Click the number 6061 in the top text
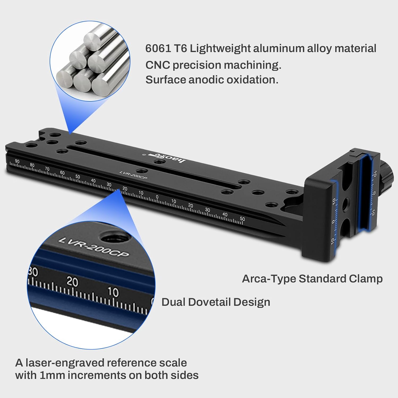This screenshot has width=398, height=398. pos(158,49)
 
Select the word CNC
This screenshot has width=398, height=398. pos(157,65)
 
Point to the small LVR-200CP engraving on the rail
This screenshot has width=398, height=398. pos(133,175)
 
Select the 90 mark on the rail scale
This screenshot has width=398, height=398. pos(17,161)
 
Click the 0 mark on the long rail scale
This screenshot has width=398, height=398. pos(157,197)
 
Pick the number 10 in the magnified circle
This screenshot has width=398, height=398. pos(113,292)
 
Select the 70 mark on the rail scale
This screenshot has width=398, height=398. pos(47,169)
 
